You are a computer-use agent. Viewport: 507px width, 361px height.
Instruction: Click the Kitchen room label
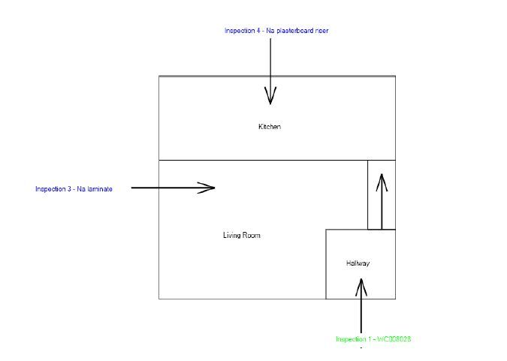270,127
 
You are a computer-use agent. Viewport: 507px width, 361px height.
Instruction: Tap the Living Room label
242,236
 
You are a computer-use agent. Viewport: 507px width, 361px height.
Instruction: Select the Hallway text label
358,263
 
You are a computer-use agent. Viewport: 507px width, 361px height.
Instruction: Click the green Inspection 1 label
373,339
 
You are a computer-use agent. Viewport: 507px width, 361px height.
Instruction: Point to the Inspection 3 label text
74,189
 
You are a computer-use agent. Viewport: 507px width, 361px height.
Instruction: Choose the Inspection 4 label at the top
276,31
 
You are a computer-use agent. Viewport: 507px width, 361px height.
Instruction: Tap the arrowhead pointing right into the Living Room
206,188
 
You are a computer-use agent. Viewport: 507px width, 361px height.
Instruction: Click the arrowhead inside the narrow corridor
382,182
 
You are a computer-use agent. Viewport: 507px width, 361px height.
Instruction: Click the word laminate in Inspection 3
100,189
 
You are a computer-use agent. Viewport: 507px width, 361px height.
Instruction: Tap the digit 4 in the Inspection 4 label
258,31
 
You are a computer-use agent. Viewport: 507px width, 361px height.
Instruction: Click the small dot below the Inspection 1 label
361,348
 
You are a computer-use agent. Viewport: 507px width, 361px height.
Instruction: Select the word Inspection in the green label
351,339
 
